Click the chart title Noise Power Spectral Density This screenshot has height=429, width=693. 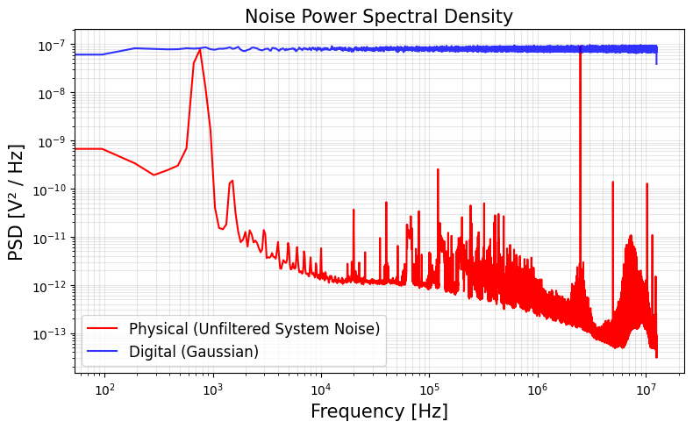378,17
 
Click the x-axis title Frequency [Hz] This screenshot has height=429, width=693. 378,411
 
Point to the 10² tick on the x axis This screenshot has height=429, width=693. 104,389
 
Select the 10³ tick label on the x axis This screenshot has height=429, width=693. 212,389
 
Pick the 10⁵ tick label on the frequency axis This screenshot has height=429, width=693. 429,389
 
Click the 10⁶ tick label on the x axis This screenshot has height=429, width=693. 537,389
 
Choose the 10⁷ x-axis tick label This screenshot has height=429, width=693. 646,389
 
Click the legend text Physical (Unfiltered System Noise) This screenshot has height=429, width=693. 254,329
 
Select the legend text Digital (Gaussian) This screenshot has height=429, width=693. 194,351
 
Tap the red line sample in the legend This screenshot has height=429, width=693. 104,330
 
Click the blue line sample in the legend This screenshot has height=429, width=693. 104,352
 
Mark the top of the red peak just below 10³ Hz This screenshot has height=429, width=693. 200,49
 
